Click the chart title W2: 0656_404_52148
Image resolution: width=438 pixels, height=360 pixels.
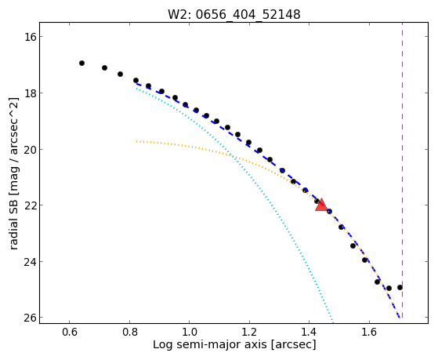tap(233, 14)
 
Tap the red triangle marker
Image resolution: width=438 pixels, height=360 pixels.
tap(321, 205)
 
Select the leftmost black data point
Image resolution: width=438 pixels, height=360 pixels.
tap(81, 64)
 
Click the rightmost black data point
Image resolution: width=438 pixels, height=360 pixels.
tap(400, 287)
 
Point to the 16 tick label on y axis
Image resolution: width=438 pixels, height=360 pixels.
tap(29, 37)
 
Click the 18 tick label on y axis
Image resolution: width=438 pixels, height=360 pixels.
tap(29, 93)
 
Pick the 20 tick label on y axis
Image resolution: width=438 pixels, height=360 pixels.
tap(29, 149)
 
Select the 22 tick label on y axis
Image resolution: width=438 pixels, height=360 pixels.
tap(29, 205)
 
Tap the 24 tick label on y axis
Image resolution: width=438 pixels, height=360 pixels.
tap(29, 261)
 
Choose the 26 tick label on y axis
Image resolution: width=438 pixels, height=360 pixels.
tap(29, 318)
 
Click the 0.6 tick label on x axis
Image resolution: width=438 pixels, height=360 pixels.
tap(69, 333)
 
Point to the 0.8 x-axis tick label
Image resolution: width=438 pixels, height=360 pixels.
tap(129, 333)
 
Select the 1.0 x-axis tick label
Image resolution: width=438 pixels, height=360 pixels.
tap(190, 333)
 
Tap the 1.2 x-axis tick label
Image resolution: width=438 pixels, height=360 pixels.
tap(249, 333)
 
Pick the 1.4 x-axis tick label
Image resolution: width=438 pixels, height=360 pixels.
tap(309, 333)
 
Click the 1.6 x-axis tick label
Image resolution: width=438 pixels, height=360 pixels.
tap(369, 333)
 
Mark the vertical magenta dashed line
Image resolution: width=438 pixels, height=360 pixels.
tap(402, 170)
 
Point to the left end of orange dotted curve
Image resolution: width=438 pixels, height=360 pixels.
tap(136, 141)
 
